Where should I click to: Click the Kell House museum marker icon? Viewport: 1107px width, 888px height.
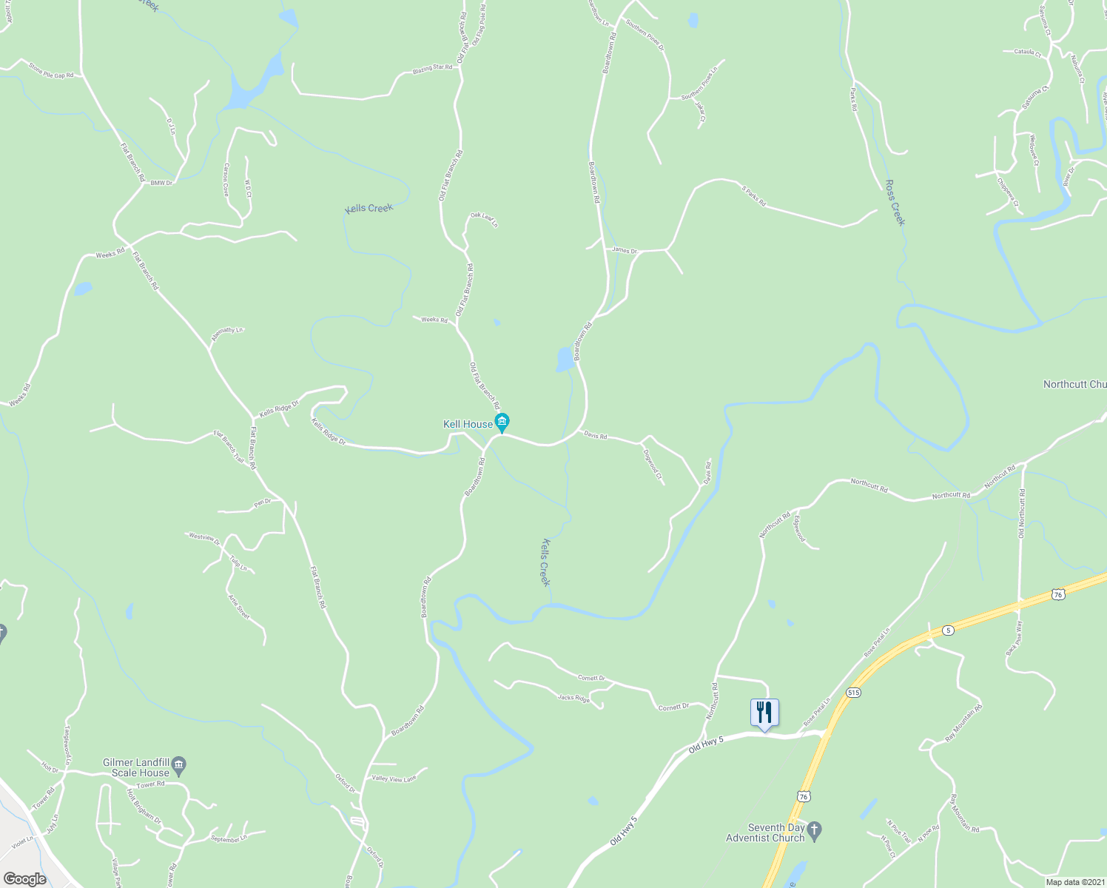coord(502,423)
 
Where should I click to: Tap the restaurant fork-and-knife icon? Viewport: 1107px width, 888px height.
coord(764,712)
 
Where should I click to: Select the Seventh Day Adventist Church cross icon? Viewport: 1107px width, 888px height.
coord(815,831)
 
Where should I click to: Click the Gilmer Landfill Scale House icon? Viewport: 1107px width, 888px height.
coord(179,764)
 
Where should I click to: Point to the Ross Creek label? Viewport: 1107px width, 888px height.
coord(895,202)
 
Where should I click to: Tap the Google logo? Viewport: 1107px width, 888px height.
coord(24,879)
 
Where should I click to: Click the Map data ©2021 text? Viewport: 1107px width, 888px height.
coord(1074,881)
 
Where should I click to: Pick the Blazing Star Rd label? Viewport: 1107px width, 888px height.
coord(432,68)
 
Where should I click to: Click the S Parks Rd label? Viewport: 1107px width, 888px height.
coord(754,195)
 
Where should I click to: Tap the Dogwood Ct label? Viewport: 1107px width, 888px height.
coord(653,464)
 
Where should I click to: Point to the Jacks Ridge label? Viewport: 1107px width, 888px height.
coord(573,697)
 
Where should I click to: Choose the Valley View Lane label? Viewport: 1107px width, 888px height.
coord(394,778)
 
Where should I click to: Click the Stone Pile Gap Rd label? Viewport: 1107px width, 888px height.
coord(51,70)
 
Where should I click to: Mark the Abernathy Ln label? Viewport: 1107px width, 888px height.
coord(226,334)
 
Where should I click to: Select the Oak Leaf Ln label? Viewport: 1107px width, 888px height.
coord(484,219)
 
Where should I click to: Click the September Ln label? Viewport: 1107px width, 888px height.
coord(227,838)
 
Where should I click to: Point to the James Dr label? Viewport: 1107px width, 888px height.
coord(624,250)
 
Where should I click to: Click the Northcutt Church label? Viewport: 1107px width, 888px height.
coord(1074,384)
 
